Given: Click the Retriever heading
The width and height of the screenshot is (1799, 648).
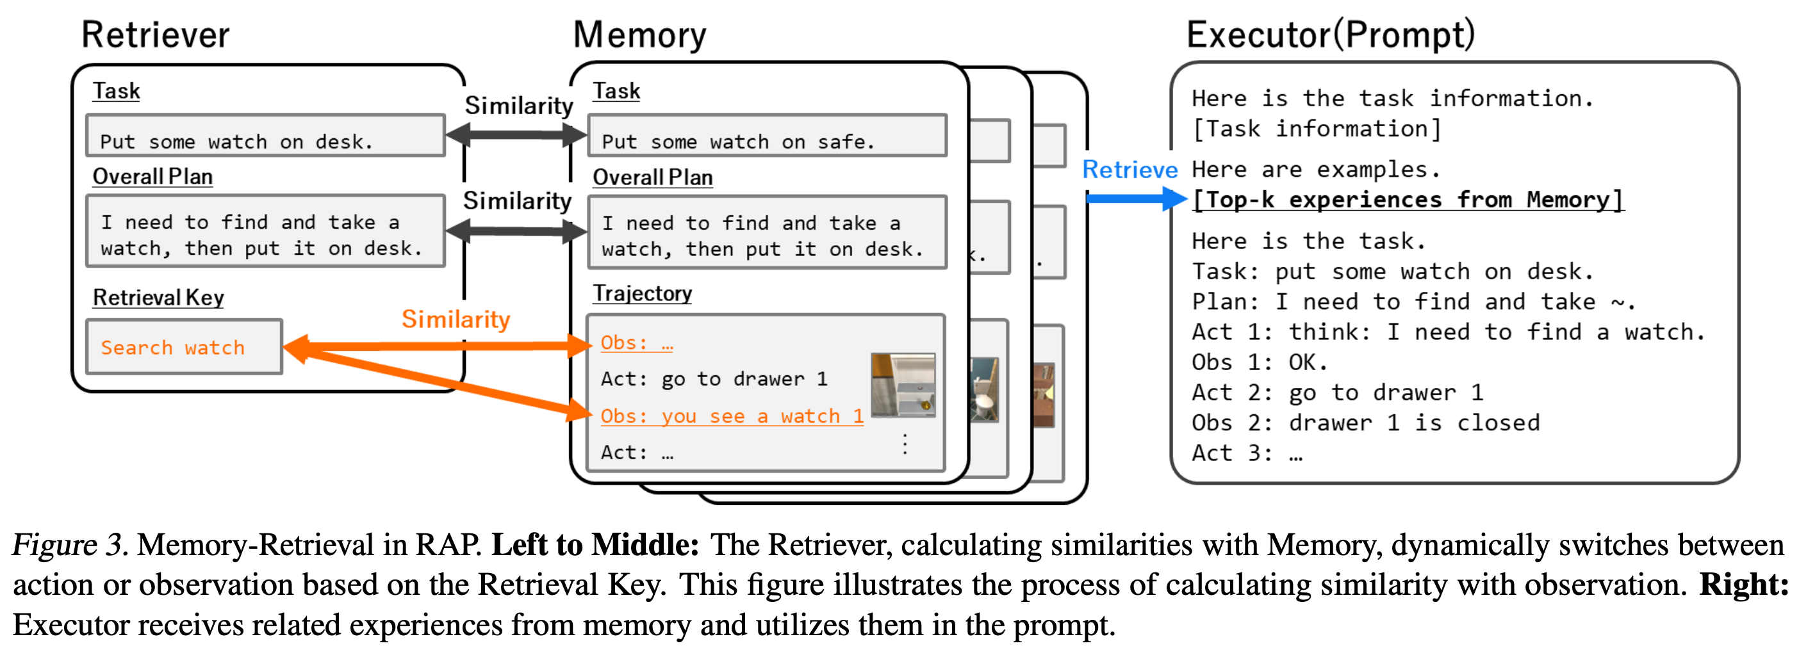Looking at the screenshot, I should [155, 35].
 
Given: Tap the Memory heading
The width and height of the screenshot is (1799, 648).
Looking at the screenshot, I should [639, 35].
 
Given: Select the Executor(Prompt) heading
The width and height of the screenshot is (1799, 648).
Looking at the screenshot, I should [1331, 35].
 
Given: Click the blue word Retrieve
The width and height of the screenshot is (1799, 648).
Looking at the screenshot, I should [1130, 170].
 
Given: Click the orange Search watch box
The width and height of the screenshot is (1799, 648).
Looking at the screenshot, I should [185, 347].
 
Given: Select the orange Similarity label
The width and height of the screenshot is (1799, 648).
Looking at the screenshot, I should [456, 319].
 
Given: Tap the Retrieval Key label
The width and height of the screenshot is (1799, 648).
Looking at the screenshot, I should [158, 298].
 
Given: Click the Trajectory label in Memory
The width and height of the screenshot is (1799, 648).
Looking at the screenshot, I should [642, 293].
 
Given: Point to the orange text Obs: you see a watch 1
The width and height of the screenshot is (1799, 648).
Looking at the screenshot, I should [731, 416].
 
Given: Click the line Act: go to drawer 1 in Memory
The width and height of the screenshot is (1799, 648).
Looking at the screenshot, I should [714, 379].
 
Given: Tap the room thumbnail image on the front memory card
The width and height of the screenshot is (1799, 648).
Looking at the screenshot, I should [902, 385].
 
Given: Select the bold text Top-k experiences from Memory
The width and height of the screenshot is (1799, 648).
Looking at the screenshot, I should [1407, 200].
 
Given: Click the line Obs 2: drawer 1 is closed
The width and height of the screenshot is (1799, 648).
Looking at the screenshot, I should [1365, 423].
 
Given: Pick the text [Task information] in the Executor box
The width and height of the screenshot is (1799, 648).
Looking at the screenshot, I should [1317, 129].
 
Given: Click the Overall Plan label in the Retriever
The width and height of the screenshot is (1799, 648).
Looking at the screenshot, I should [152, 177].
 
